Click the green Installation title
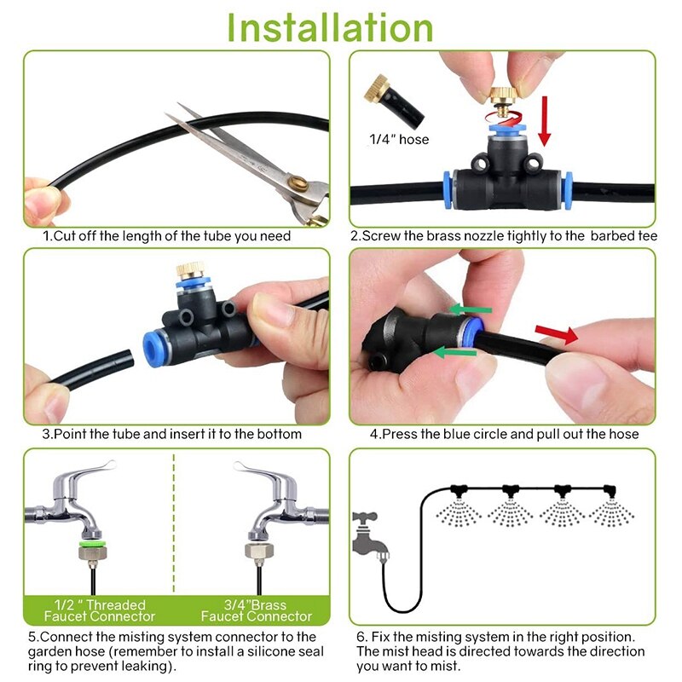330,27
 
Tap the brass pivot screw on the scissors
298,183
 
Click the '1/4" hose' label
399,139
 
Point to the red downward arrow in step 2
544,121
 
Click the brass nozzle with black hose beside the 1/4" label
393,99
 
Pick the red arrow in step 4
557,334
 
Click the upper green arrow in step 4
471,309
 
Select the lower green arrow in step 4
454,352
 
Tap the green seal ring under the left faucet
92,544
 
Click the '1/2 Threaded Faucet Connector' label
100,610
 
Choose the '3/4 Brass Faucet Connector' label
257,610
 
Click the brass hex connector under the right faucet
259,551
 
